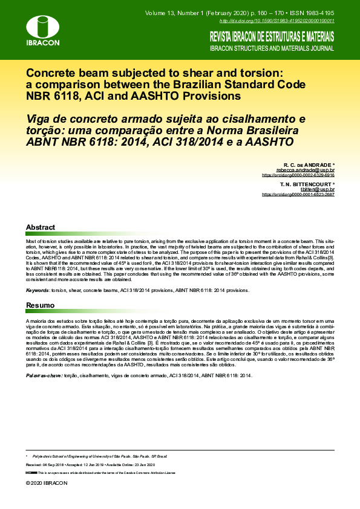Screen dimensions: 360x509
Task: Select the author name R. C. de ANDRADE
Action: pyautogui.click(x=309, y=164)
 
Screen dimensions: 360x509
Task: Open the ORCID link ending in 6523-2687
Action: pyautogui.click(x=298, y=195)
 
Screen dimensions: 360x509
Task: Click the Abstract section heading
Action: pyautogui.click(x=41, y=227)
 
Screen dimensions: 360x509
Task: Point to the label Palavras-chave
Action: pyautogui.click(x=44, y=375)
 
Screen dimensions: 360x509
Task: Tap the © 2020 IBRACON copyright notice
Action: pyautogui.click(x=47, y=484)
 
